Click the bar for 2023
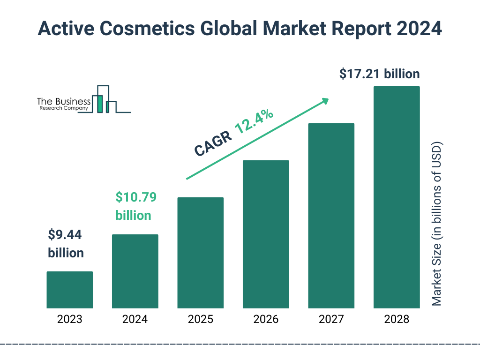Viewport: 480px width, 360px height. (69, 290)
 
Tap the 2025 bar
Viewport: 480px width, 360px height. (200, 253)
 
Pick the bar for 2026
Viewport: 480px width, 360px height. (266, 234)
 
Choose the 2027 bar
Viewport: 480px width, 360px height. (331, 216)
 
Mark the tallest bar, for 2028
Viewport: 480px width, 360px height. (397, 197)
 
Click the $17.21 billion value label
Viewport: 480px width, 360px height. (379, 74)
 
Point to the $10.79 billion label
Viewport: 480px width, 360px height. (136, 206)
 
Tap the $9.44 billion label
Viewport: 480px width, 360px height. (66, 243)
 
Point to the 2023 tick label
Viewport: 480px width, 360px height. (69, 320)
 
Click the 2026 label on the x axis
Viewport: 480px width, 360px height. (266, 320)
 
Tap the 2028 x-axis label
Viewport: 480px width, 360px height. (397, 320)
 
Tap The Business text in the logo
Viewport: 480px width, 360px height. (64, 101)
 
